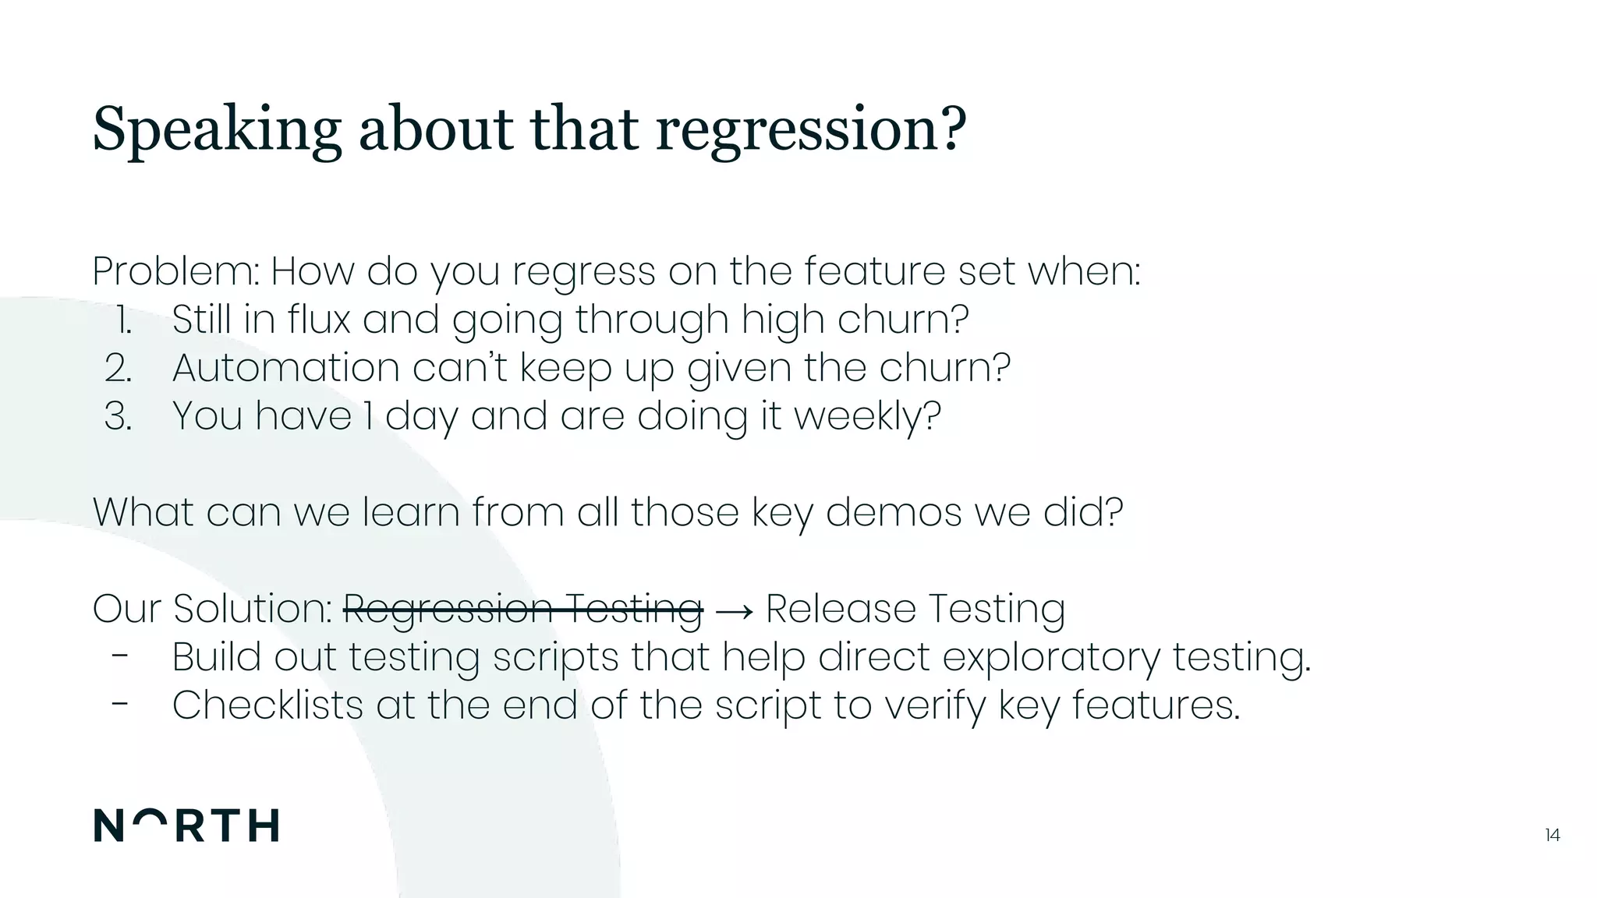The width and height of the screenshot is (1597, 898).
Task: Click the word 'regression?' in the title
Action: click(x=811, y=129)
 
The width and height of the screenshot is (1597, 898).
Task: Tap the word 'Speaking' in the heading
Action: click(x=217, y=129)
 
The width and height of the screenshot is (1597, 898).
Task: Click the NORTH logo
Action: click(x=186, y=826)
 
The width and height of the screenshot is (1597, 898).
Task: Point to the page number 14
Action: click(x=1552, y=835)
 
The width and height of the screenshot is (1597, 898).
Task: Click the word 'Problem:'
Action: click(x=176, y=271)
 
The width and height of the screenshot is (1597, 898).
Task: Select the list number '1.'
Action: click(x=123, y=320)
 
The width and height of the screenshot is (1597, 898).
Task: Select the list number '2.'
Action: click(x=119, y=368)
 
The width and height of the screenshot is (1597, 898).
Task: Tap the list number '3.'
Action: click(x=119, y=416)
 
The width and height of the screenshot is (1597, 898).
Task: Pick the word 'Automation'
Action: click(x=285, y=368)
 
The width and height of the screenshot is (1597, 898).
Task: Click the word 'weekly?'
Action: click(x=867, y=416)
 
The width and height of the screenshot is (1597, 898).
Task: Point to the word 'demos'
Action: click(x=893, y=512)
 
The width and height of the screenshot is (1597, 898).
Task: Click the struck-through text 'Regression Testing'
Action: click(x=522, y=609)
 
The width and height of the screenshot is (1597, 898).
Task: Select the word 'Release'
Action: click(x=841, y=609)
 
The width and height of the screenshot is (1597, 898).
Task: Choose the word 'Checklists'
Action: click(x=267, y=705)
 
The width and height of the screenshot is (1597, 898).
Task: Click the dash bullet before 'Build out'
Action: click(x=119, y=656)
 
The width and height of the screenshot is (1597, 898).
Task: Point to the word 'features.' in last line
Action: click(x=1156, y=705)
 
